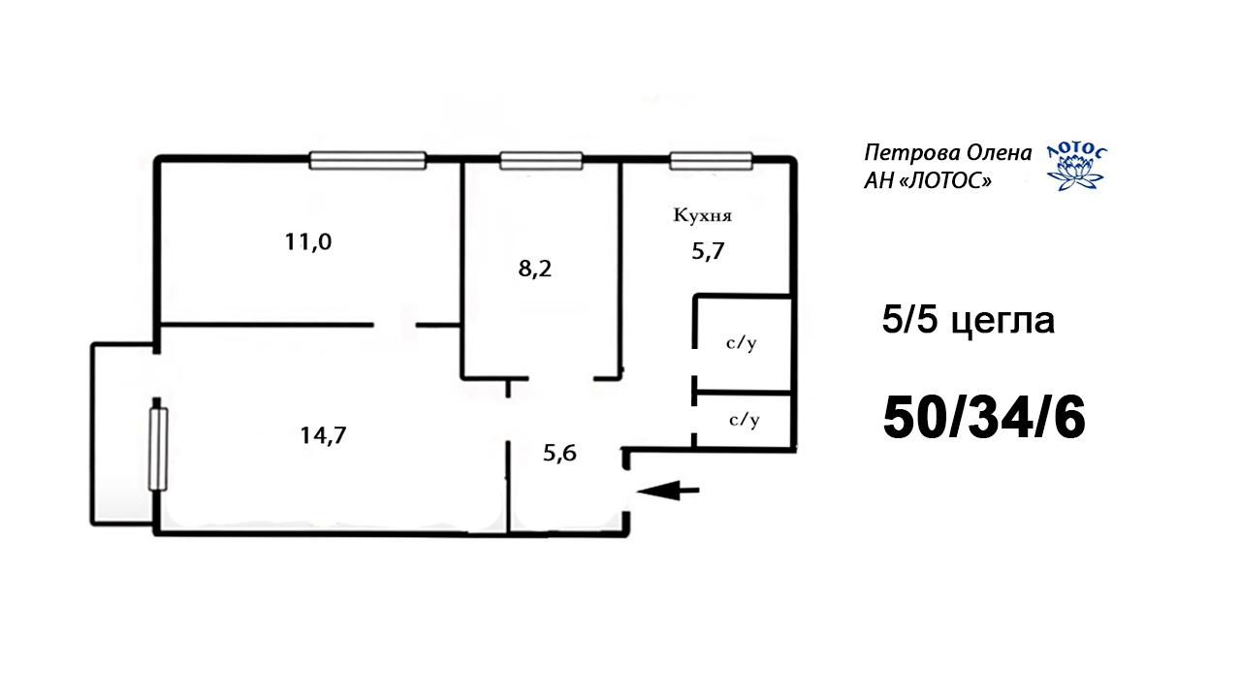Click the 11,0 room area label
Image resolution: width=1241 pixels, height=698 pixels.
(x=308, y=242)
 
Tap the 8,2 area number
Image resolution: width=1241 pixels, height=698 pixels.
(x=534, y=270)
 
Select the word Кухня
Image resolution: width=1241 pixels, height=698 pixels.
(x=703, y=215)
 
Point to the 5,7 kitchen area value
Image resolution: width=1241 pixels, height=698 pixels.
(x=708, y=251)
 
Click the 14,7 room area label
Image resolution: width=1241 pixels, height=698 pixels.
(x=323, y=435)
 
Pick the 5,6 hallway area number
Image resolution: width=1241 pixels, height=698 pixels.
(x=559, y=453)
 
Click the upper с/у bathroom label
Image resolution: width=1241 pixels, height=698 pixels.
(x=742, y=343)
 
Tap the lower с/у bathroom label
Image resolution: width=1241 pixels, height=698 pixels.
(x=744, y=420)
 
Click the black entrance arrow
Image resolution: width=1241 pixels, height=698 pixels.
(x=668, y=491)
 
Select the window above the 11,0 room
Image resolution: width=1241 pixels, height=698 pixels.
(x=367, y=161)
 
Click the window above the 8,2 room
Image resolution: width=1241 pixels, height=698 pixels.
(x=541, y=161)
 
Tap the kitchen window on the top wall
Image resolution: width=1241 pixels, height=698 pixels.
(x=712, y=161)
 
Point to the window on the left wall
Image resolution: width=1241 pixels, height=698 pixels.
(x=158, y=449)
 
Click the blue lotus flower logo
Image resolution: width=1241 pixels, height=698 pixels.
(x=1075, y=169)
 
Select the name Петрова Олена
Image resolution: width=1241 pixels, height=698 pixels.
(x=948, y=153)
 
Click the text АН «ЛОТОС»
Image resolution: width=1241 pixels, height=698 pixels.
(x=928, y=180)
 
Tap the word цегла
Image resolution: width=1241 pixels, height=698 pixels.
(x=1002, y=321)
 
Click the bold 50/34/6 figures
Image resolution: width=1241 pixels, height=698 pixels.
(x=984, y=418)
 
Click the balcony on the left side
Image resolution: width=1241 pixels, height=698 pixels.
(x=123, y=433)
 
